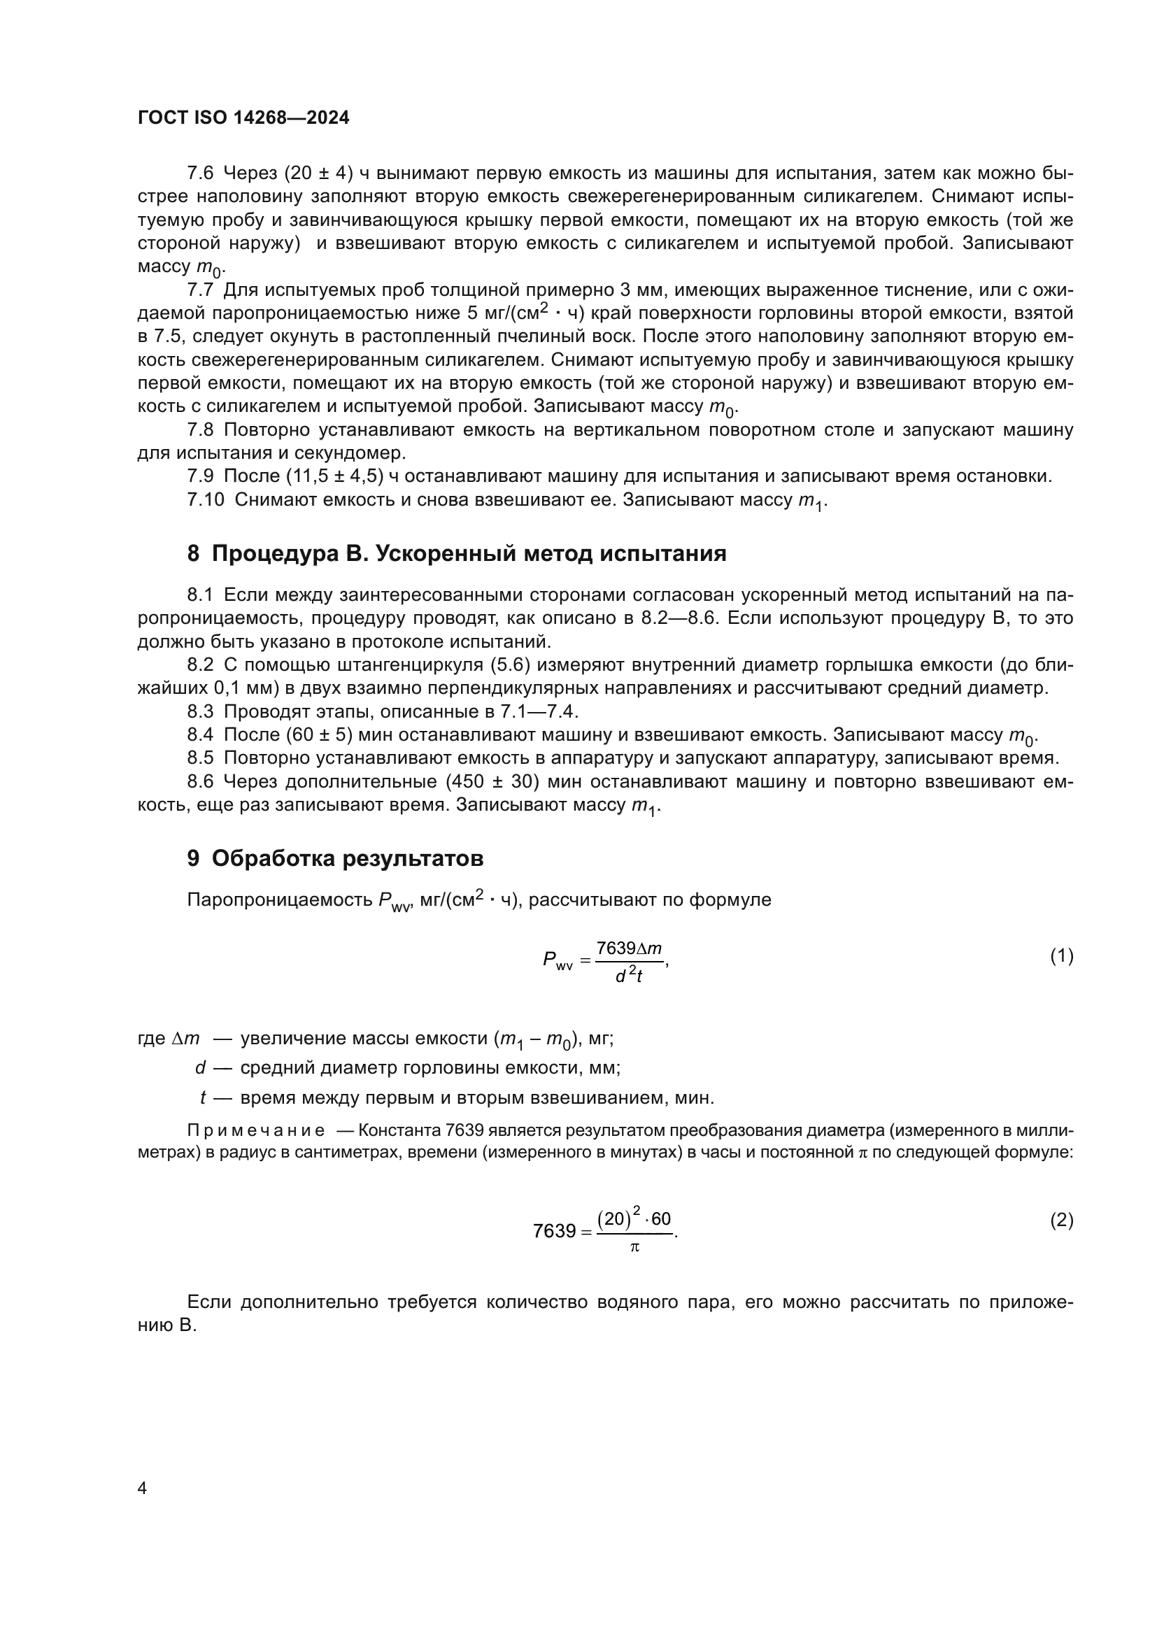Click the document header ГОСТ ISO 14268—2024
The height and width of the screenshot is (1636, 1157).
coord(243,118)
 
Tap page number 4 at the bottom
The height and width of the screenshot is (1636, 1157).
coord(142,1488)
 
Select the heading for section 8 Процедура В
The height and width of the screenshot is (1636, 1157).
coord(457,554)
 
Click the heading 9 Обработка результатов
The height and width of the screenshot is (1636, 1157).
coord(335,860)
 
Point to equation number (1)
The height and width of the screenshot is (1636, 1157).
coord(1062,956)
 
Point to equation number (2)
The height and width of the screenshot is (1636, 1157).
coord(1062,1221)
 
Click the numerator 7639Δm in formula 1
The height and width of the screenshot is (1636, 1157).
coord(629,948)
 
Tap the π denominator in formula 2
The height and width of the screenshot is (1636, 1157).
coord(634,1247)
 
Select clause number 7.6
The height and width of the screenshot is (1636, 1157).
coord(200,173)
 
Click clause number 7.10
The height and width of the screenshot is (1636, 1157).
coord(205,500)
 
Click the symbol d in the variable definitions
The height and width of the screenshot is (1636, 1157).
coord(200,1067)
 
